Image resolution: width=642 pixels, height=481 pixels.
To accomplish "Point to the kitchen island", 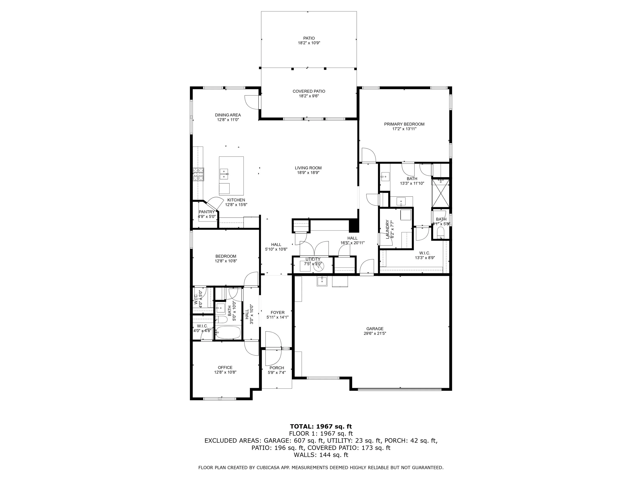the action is click(x=231, y=176).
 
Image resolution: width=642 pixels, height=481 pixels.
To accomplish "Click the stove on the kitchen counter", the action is click(x=199, y=174).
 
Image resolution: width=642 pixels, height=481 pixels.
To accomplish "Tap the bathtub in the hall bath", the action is click(x=228, y=332).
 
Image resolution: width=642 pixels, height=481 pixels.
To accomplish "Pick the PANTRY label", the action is click(x=207, y=212).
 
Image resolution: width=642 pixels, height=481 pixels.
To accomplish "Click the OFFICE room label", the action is click(x=225, y=368).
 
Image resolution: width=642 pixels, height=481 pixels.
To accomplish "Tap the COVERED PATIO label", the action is click(x=309, y=91).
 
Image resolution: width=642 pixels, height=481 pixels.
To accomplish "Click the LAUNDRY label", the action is click(x=387, y=229).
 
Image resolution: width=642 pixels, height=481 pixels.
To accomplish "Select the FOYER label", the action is click(x=278, y=313).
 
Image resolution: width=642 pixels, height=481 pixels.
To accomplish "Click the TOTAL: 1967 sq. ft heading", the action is click(x=321, y=426).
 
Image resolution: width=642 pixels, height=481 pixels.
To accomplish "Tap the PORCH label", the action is click(x=277, y=368).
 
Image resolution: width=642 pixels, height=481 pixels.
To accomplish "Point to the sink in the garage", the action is click(x=322, y=281).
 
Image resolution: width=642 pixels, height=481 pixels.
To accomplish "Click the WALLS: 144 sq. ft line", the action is click(x=321, y=455).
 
